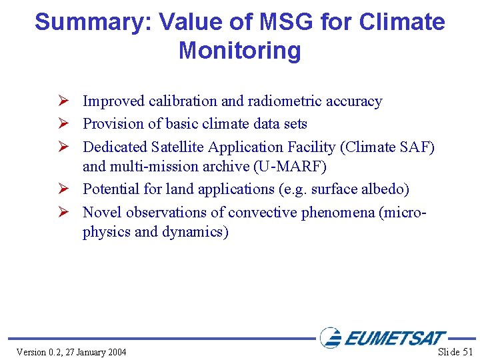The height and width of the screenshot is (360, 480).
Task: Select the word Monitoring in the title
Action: pyautogui.click(x=240, y=51)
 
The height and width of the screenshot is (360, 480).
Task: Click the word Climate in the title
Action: pyautogui.click(x=402, y=23)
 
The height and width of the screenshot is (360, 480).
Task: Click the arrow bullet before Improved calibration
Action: pyautogui.click(x=65, y=101)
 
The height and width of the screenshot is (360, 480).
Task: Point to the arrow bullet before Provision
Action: pyautogui.click(x=65, y=123)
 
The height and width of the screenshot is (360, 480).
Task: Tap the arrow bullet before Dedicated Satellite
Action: pyautogui.click(x=65, y=146)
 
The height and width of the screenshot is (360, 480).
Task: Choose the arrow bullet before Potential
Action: pyautogui.click(x=65, y=189)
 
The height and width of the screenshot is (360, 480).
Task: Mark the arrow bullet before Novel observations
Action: pyautogui.click(x=65, y=212)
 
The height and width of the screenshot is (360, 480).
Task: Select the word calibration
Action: pyautogui.click(x=183, y=101)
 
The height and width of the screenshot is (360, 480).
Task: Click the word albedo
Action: pyautogui.click(x=381, y=189)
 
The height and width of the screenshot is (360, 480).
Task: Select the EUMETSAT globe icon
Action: pyautogui.click(x=331, y=337)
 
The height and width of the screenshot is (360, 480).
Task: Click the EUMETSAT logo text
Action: pyautogui.click(x=395, y=339)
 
